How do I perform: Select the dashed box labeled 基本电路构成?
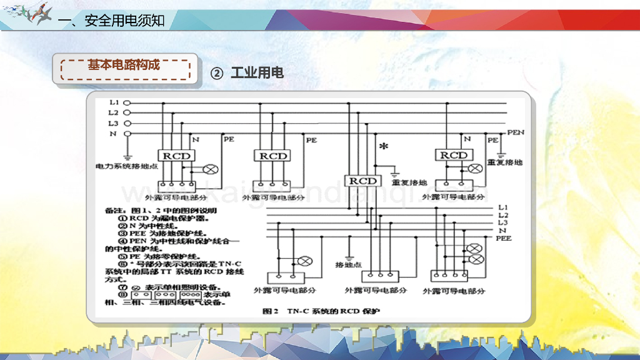[124, 66]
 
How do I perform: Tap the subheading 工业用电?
[257, 73]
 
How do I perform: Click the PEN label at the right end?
[516, 132]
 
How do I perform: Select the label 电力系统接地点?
[126, 167]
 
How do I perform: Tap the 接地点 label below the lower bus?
[349, 264]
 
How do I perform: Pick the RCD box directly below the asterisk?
[363, 181]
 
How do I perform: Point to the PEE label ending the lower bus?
[504, 238]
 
